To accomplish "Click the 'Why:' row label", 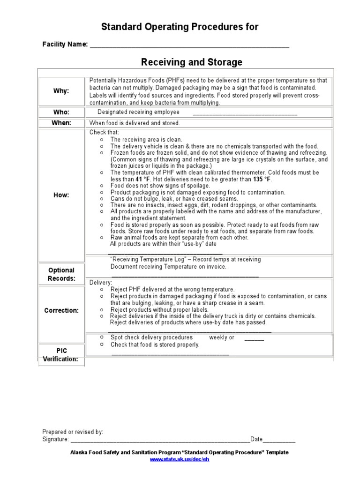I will click(x=61, y=91).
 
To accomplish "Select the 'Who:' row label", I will click(x=61, y=112).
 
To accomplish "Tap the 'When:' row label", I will click(x=61, y=123).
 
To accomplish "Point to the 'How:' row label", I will click(x=61, y=195).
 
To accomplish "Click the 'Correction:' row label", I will click(x=61, y=310).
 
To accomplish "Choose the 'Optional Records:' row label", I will click(x=61, y=274).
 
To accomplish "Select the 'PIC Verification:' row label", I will click(x=61, y=355).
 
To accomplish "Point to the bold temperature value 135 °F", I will click(x=262, y=180).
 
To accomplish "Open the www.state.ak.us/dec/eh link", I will click(x=179, y=459).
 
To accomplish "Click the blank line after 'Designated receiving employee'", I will click(x=245, y=113).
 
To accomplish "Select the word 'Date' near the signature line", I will click(x=256, y=439).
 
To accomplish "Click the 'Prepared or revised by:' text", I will click(x=73, y=432).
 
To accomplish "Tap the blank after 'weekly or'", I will click(x=254, y=338).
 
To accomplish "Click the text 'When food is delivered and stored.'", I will click(x=135, y=123).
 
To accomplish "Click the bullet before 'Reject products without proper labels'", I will click(x=102, y=310).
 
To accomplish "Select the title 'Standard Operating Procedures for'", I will click(x=180, y=27).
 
